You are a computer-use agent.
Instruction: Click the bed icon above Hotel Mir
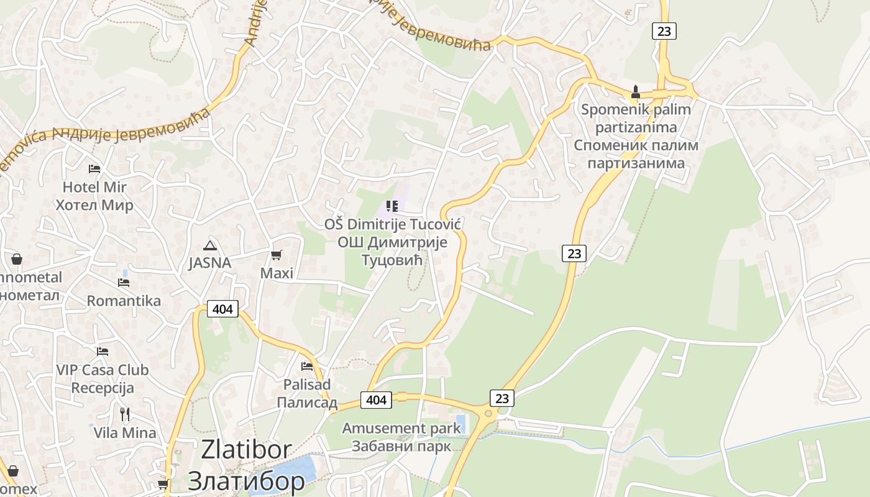[94, 168]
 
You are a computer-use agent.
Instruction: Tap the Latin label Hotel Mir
[94, 187]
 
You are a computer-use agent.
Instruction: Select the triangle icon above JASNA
[209, 245]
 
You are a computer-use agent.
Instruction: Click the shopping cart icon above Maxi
[276, 255]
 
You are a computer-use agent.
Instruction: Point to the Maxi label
[277, 273]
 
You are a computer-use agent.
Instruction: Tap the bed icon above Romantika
[124, 283]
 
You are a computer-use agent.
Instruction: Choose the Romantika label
[124, 301]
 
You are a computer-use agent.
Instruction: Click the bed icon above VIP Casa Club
[103, 352]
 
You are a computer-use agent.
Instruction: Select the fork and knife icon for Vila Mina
[125, 414]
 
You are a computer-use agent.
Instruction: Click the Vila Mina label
[125, 432]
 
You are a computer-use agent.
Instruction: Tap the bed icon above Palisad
[306, 367]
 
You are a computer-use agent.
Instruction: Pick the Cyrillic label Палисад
[307, 403]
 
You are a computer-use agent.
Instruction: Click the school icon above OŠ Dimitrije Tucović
[391, 206]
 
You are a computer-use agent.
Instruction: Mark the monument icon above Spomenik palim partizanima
[635, 93]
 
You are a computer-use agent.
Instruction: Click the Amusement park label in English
[401, 428]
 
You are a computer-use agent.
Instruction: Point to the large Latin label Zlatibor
[246, 450]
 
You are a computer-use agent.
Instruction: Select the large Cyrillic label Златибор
[246, 480]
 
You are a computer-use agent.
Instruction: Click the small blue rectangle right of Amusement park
[460, 424]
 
